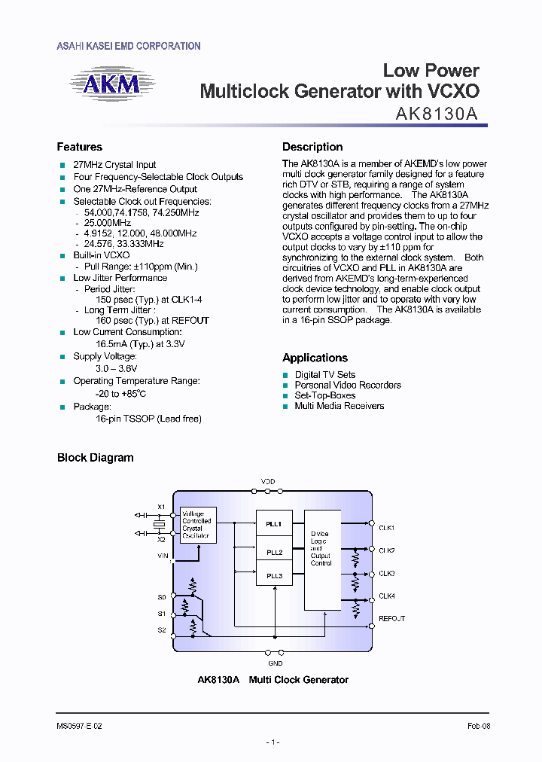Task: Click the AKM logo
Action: coord(111,84)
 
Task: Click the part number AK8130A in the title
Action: coord(437,113)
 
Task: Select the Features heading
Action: coord(79,147)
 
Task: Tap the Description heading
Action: coord(312,147)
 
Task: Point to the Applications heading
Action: coord(315,358)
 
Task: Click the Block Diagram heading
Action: coord(96,458)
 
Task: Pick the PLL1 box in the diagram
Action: coord(274,523)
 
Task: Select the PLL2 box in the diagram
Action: coord(274,552)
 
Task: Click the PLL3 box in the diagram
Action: coord(274,576)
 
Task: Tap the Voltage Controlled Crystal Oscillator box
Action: coord(196,525)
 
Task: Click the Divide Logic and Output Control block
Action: coord(321,548)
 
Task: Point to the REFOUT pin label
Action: coord(391,618)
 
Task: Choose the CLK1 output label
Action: coord(387,528)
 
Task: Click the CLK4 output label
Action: coord(387,596)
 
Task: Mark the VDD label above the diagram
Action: coord(268,481)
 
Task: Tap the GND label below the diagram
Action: coord(275,663)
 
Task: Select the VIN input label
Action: coord(163,556)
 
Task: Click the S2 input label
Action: coord(162,629)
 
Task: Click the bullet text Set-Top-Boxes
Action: coord(324,395)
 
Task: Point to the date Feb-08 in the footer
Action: coord(477,727)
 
